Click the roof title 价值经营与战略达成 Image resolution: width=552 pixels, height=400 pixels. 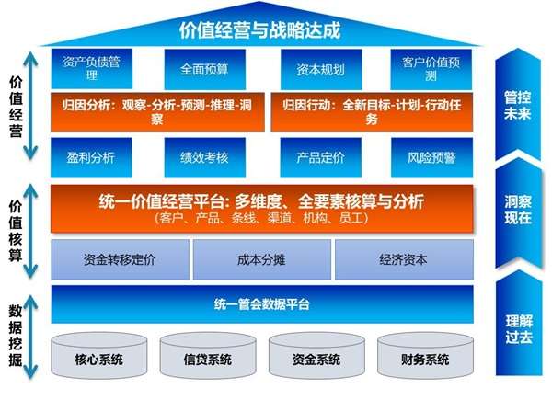(x=259, y=30)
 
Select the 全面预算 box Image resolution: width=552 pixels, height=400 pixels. (x=205, y=69)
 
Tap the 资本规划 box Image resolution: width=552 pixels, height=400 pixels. (x=321, y=69)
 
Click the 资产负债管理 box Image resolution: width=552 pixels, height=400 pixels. (x=92, y=69)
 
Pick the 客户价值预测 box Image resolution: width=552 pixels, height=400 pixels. (x=431, y=69)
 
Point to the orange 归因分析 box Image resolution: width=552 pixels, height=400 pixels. (x=157, y=112)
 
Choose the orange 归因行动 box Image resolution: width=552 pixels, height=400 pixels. (x=372, y=112)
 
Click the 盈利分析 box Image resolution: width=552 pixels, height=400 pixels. (x=91, y=157)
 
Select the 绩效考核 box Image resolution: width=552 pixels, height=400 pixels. (x=205, y=157)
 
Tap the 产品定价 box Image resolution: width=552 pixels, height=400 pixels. (x=321, y=157)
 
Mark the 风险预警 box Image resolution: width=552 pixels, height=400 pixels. (x=432, y=157)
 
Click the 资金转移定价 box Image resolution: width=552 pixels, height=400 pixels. (x=120, y=259)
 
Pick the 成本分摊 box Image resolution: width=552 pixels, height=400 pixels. (x=262, y=259)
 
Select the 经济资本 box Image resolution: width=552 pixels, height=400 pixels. (x=404, y=259)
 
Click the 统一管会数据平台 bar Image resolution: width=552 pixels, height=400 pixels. (x=262, y=304)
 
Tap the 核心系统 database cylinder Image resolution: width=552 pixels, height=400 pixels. (x=99, y=355)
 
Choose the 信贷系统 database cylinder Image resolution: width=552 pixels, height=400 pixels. (x=208, y=355)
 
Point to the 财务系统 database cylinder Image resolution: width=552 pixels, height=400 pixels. (x=425, y=355)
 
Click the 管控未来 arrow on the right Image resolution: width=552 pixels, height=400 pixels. (x=518, y=105)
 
